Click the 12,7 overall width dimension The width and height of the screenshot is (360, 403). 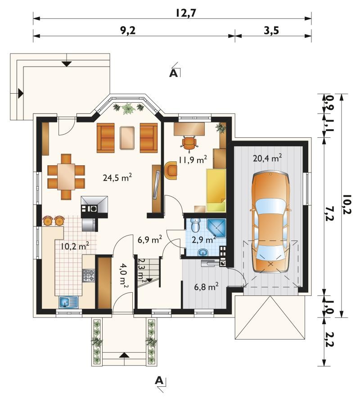click(186, 13)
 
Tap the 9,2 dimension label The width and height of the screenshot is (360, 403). click(128, 31)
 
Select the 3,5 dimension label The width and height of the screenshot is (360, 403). click(271, 31)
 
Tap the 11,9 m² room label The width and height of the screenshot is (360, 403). click(193, 159)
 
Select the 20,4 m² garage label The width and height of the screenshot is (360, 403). click(267, 158)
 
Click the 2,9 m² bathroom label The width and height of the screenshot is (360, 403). click(204, 240)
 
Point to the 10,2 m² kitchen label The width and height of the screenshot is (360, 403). click(75, 246)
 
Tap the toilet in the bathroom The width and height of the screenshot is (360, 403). click(197, 225)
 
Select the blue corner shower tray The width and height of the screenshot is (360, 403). click(216, 228)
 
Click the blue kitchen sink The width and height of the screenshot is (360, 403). click(69, 302)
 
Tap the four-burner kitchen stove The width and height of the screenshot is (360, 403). click(89, 276)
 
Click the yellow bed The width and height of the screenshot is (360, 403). click(216, 190)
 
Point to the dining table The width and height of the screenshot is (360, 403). click(66, 177)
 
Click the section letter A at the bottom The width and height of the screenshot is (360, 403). click(159, 380)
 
